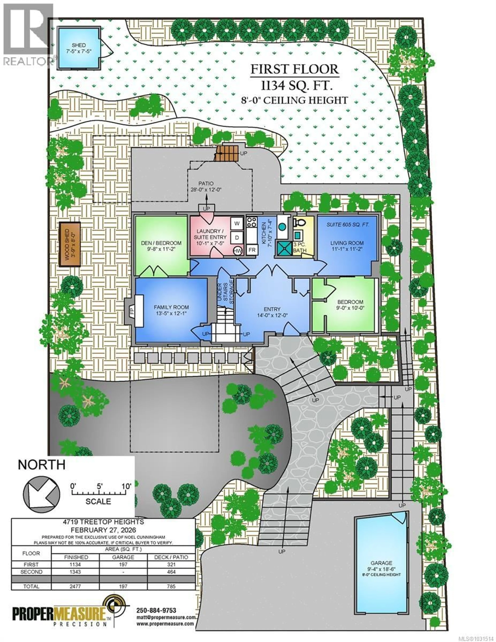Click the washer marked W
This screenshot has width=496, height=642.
click(x=237, y=223)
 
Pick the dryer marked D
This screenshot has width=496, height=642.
click(x=237, y=237)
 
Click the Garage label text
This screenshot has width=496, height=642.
click(x=381, y=563)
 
